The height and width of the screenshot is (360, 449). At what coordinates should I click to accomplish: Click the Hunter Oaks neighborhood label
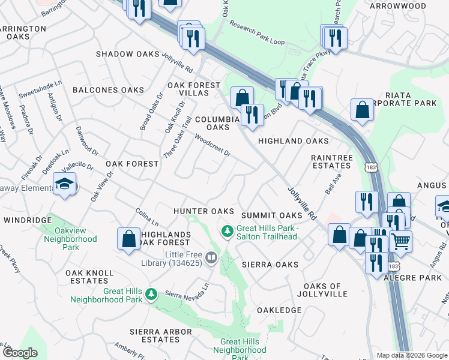pos(203,211)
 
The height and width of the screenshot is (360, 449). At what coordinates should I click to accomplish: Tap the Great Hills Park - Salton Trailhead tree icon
pos(228,230)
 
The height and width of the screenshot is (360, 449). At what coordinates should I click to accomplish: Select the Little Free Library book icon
pos(211,258)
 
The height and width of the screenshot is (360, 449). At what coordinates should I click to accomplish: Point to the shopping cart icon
pos(400,241)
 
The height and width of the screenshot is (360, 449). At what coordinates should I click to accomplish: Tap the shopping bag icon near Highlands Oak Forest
pos(129,239)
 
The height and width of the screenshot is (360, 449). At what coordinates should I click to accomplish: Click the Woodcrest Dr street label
pos(213,145)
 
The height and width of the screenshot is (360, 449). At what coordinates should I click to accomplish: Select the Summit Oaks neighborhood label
pos(271,215)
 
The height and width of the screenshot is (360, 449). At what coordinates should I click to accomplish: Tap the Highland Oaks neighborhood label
pos(293,141)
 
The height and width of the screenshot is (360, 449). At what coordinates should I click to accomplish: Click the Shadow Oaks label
pos(127,54)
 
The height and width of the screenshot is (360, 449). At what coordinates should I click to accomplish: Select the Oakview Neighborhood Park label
pos(70,239)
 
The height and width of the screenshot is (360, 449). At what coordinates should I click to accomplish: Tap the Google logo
pos(20,353)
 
